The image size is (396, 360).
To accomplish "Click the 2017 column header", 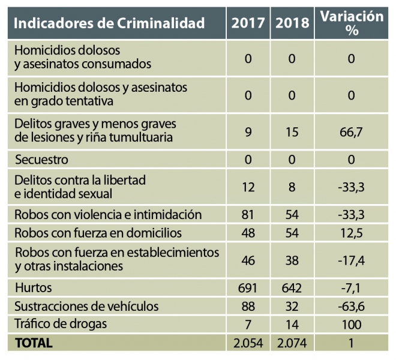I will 248,23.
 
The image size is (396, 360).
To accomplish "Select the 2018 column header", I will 293,23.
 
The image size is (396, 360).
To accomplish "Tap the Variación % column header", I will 351,23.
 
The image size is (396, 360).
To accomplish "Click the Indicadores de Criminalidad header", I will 109,23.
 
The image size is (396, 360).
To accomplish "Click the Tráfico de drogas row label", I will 60,325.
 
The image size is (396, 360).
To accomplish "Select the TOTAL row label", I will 34,343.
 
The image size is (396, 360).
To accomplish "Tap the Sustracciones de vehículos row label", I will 86,307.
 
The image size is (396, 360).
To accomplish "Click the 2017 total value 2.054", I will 248,343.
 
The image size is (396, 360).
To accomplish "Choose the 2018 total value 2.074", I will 293,343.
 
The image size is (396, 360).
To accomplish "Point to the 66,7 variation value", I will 351,131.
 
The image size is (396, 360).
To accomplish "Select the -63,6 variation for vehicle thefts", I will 351,307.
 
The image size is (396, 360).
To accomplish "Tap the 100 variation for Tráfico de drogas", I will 351,325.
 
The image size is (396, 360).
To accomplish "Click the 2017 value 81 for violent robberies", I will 248,215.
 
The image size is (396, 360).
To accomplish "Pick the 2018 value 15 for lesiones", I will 293,131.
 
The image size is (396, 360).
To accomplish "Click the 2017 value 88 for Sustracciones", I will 248,307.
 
